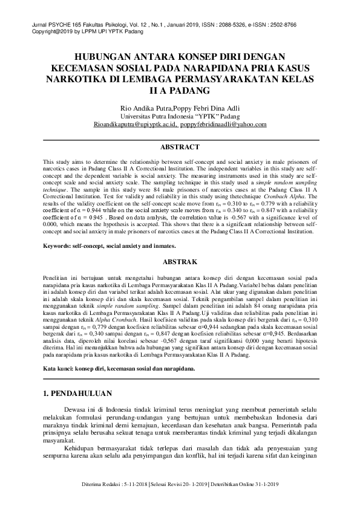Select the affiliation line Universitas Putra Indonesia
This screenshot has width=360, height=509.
tap(180, 116)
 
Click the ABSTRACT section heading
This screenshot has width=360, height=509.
tap(180, 147)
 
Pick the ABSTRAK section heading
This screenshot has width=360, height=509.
tap(180, 279)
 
